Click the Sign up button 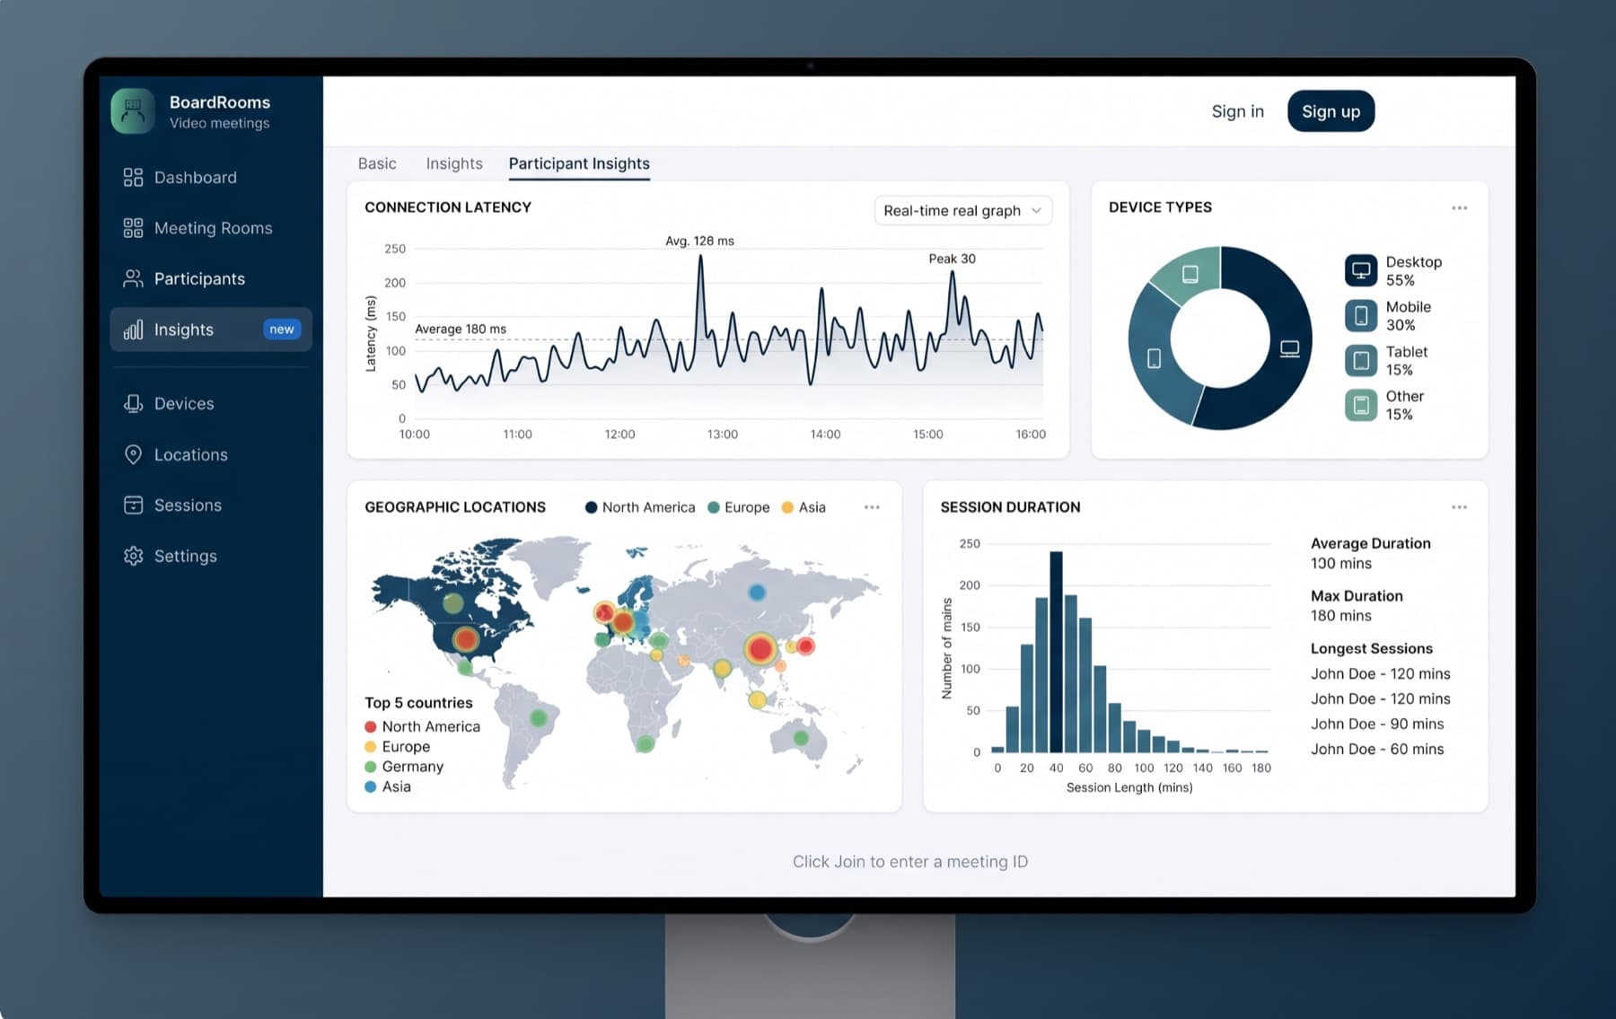(x=1331, y=111)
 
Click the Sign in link (x=1237, y=111)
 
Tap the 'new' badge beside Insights (x=281, y=329)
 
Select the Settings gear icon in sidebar (x=133, y=556)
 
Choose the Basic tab (x=377, y=163)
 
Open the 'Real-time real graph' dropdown (x=962, y=210)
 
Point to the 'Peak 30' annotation (x=952, y=259)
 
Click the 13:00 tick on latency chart (x=722, y=435)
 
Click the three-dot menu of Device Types (x=1459, y=207)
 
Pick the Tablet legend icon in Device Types (x=1360, y=360)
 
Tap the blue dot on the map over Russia (x=757, y=593)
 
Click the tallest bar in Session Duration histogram (x=1056, y=652)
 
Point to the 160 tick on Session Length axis (x=1232, y=768)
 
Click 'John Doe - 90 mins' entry (x=1377, y=724)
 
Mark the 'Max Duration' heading (x=1357, y=595)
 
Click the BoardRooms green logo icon (x=133, y=111)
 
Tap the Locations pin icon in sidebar (x=133, y=454)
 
